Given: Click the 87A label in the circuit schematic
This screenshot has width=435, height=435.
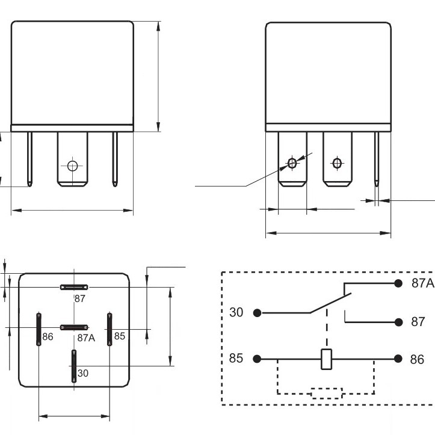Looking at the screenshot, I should tap(422, 283).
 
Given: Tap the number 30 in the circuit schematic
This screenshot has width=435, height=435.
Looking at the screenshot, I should tap(236, 313).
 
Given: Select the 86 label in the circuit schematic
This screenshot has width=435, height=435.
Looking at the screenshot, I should tap(417, 359).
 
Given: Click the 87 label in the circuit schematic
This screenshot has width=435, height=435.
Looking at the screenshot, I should tap(418, 322).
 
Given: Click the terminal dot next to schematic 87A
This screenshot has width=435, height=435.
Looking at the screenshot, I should tap(398, 283).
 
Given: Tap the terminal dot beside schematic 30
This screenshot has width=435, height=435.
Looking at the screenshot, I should tap(257, 313).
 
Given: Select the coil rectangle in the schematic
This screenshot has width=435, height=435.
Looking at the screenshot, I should tap(327, 359).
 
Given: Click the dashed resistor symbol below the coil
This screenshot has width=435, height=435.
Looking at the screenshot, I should tap(327, 393).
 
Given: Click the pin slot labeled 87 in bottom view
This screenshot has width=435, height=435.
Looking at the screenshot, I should tap(74, 287).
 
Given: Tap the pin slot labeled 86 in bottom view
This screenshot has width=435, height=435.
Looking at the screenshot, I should tap(39, 329).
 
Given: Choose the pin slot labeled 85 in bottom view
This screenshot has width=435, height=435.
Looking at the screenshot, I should tap(110, 329).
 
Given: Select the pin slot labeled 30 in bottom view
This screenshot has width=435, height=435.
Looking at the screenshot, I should tap(74, 366).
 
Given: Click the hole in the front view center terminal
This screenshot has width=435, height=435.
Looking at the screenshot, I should tap(73, 165).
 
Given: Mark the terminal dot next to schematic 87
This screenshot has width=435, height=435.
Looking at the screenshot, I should tap(398, 322).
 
